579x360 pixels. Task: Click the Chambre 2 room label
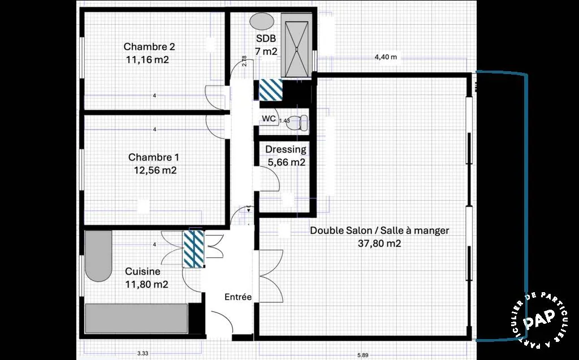149,47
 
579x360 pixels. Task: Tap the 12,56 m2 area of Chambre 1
155,170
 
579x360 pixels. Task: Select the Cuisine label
142,271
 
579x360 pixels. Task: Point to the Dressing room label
286,150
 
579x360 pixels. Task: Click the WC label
269,119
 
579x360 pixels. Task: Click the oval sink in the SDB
262,21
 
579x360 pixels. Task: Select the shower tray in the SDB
295,46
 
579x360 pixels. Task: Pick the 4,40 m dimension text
386,57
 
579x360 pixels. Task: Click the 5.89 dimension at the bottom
362,355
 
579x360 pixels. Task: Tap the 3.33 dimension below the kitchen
142,353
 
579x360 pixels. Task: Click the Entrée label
238,297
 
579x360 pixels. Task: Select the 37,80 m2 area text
379,244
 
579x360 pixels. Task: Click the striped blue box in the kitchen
194,249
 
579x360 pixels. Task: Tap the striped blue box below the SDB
271,90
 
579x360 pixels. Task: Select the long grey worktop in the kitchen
137,318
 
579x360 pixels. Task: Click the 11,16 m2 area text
148,59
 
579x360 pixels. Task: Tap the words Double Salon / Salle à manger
379,231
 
